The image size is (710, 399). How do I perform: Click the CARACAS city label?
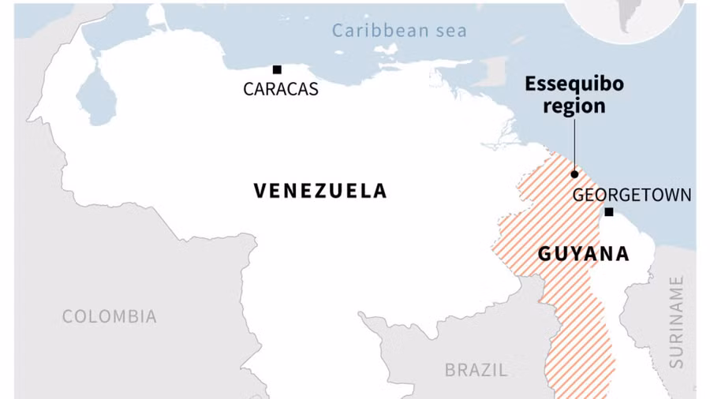click(x=280, y=89)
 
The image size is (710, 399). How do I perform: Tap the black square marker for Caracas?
click(x=277, y=69)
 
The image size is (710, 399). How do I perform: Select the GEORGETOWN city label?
click(x=631, y=195)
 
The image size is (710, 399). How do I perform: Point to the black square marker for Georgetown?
click(x=609, y=211)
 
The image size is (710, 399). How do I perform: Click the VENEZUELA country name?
click(x=320, y=190)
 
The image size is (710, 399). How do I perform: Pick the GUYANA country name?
click(x=583, y=254)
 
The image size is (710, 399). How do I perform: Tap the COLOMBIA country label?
click(x=109, y=316)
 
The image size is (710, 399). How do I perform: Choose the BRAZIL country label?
click(x=476, y=369)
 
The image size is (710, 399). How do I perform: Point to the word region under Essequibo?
click(x=574, y=105)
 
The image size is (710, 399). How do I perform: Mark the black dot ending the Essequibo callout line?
click(x=574, y=173)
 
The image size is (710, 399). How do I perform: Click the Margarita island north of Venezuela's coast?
click(x=386, y=49)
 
